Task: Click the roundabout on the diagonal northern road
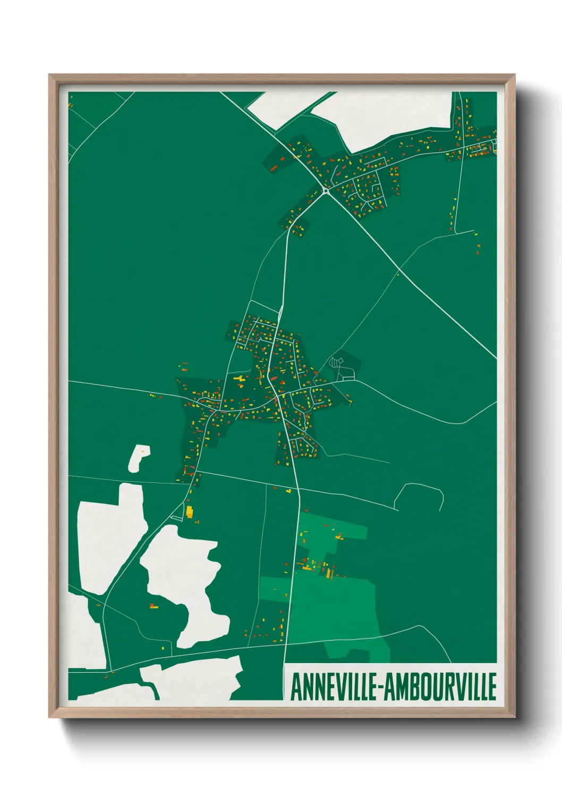pyautogui.click(x=326, y=189)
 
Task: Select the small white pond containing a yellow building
pyautogui.click(x=139, y=457)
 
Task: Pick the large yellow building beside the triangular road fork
pyautogui.click(x=189, y=512)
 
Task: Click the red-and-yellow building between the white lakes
pyautogui.click(x=154, y=605)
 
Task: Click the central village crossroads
pyautogui.click(x=278, y=396)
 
